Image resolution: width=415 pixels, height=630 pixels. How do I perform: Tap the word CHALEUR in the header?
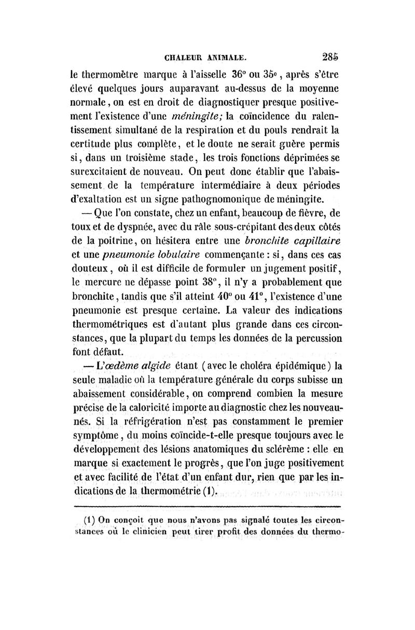coord(183,59)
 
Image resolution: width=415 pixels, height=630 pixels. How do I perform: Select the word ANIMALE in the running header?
coord(226,59)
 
